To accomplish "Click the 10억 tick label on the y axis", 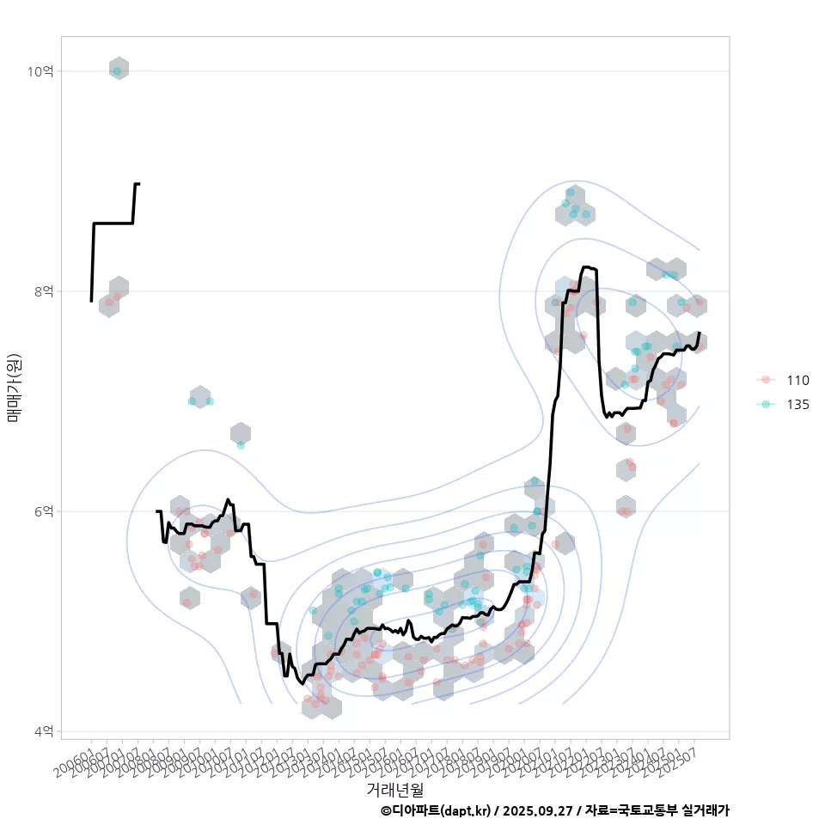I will [x=40, y=71].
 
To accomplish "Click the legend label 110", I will [x=797, y=380].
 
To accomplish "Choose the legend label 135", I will [x=797, y=404].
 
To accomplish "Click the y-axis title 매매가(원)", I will [x=15, y=388].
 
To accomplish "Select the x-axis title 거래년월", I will [x=394, y=788].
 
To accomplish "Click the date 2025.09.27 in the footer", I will [x=538, y=810].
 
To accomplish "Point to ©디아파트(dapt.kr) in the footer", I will [x=437, y=810].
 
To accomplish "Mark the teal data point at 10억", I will [x=118, y=71].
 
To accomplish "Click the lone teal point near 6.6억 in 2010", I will [x=241, y=444].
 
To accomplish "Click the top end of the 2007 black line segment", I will [x=138, y=184].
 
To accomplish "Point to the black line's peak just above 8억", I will [x=585, y=267].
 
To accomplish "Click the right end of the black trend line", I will [x=700, y=333].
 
